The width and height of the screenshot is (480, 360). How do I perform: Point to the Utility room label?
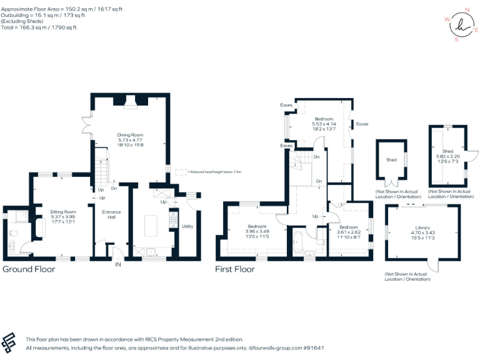pos(187,226)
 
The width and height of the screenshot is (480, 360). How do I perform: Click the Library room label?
pos(422,228)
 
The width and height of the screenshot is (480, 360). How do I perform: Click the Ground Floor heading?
pos(29,269)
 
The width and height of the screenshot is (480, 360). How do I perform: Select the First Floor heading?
pos(235,269)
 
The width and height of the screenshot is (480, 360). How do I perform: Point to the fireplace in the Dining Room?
pos(131,103)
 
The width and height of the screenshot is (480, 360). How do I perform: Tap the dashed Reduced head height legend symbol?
pos(180,171)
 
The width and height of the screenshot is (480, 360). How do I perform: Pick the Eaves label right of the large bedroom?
pos(362,124)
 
